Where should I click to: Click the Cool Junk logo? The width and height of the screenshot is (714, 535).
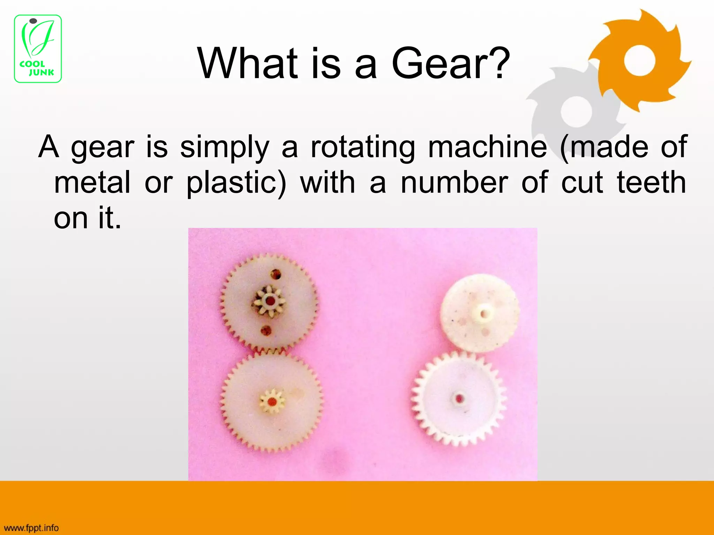pos(38,49)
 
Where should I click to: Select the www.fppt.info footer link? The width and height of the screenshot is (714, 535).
pos(31,528)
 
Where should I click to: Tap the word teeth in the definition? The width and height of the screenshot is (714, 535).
pos(652,183)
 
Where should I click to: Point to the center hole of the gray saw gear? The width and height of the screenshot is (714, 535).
pos(577,111)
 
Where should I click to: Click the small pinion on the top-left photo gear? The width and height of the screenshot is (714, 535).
pos(269,301)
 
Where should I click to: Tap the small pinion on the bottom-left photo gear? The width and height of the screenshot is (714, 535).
pos(272,402)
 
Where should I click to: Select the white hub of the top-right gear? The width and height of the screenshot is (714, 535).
pos(483,313)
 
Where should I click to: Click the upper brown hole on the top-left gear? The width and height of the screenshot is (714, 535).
pos(276,274)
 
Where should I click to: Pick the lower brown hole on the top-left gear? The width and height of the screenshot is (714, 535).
pos(266,331)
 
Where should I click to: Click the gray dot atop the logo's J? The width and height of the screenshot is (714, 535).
pos(33,21)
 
